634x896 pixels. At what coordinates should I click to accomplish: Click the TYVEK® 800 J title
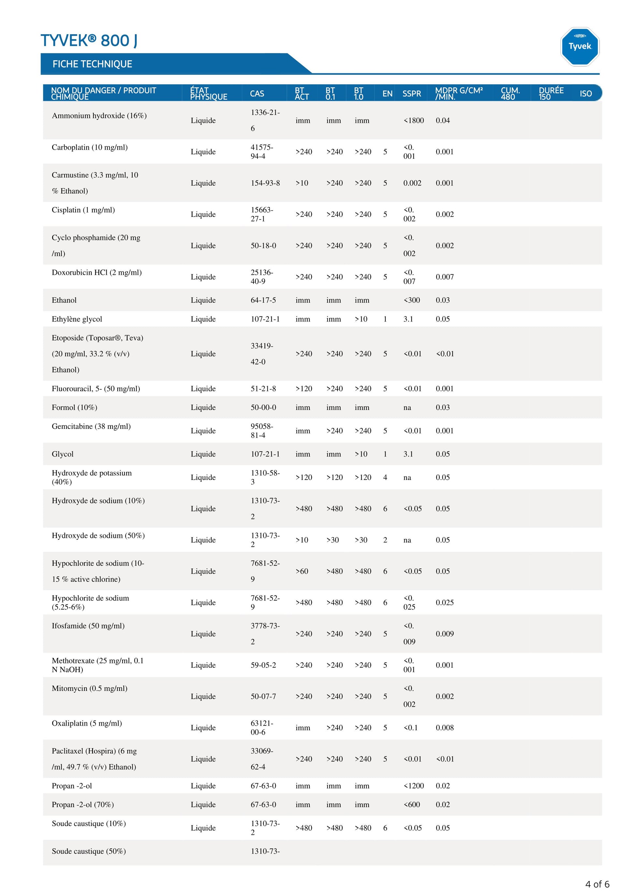pos(89,41)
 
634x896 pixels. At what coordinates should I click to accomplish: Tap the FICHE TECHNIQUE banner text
pos(92,64)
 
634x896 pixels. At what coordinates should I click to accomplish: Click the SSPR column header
pos(411,94)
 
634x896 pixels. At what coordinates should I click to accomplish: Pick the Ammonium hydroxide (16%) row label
pos(99,116)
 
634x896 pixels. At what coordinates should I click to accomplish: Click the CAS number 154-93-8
pos(265,183)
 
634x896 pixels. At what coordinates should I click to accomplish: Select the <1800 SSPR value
pos(413,120)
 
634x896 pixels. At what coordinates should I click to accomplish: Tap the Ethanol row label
pos(64,300)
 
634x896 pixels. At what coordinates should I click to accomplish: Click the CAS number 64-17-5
pos(263,300)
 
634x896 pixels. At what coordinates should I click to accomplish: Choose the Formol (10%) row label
pos(74,407)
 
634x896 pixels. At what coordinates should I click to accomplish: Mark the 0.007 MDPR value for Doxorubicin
pos(445,277)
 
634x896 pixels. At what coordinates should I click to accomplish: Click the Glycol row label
pos(63,454)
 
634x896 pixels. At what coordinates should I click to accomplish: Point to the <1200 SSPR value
pos(413,786)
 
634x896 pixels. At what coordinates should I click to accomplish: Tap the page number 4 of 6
pos(597,884)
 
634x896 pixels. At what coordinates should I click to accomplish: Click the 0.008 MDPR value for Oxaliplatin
pos(445,727)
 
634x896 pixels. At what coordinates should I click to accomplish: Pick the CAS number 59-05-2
pos(263,665)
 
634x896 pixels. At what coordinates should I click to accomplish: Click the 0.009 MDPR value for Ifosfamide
pos(445,634)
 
